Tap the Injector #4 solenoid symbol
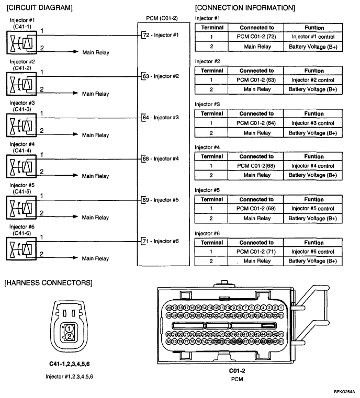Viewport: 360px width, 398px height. pyautogui.click(x=19, y=164)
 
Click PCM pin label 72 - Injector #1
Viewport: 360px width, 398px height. pyautogui.click(x=160, y=35)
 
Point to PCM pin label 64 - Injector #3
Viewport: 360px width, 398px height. pyautogui.click(x=160, y=117)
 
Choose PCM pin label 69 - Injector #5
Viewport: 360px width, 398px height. pyautogui.click(x=160, y=200)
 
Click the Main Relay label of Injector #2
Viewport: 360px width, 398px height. pyautogui.click(x=96, y=94)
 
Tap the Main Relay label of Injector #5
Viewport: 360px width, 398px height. pyautogui.click(x=96, y=217)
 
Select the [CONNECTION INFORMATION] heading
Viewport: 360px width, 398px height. pyautogui.click(x=244, y=8)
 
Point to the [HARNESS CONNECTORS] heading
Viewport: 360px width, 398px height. pyautogui.click(x=48, y=283)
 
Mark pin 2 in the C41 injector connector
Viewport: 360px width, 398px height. pyautogui.click(x=68, y=337)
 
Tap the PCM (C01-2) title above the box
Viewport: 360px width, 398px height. pyautogui.click(x=162, y=18)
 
